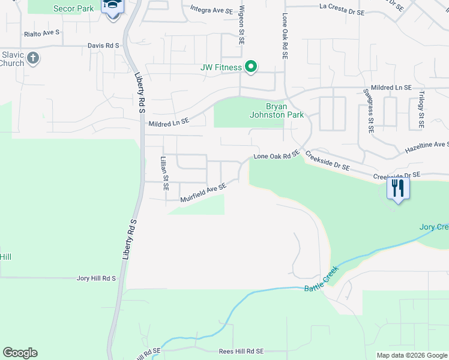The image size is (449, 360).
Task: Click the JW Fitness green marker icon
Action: (252, 67)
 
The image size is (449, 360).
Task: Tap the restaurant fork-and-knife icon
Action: (397, 188)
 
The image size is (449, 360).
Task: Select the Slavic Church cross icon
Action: (33, 59)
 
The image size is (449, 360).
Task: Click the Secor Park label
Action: (74, 8)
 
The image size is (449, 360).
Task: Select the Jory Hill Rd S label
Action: (96, 278)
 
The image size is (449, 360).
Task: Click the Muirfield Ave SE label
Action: (203, 193)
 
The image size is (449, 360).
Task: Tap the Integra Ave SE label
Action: (211, 9)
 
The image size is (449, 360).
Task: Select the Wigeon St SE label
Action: (241, 25)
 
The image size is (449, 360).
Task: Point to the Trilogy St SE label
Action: (421, 110)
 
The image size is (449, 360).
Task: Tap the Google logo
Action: (20, 353)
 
